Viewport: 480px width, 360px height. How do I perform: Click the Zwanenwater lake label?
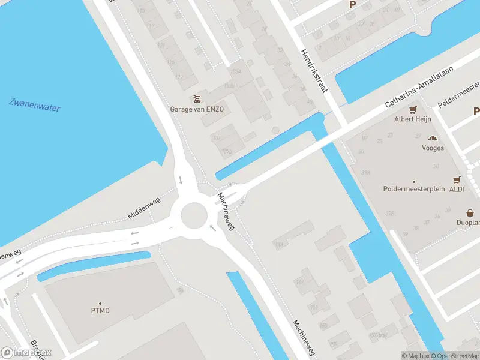pyautogui.click(x=35, y=104)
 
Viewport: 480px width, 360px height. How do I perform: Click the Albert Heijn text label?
pyautogui.click(x=413, y=119)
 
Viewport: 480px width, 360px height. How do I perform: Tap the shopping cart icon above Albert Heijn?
pyautogui.click(x=413, y=110)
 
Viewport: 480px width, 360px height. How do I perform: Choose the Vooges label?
pyautogui.click(x=433, y=148)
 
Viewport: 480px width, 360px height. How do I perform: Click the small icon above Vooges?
pyautogui.click(x=433, y=139)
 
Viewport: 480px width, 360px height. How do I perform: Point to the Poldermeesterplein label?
pyautogui.click(x=414, y=189)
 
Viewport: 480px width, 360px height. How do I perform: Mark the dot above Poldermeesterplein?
pyautogui.click(x=414, y=181)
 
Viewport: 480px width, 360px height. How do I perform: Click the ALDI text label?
pyautogui.click(x=457, y=189)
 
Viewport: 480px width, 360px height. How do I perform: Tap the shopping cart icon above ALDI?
pyautogui.click(x=457, y=179)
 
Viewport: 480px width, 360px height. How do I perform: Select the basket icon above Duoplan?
pyautogui.click(x=470, y=212)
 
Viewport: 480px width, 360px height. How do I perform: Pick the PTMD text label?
pyautogui.click(x=100, y=311)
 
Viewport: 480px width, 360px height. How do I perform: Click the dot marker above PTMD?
pyautogui.click(x=100, y=304)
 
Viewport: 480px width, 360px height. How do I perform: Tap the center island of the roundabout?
pyautogui.click(x=193, y=213)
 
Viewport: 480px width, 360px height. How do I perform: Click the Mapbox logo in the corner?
pyautogui.click(x=26, y=353)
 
